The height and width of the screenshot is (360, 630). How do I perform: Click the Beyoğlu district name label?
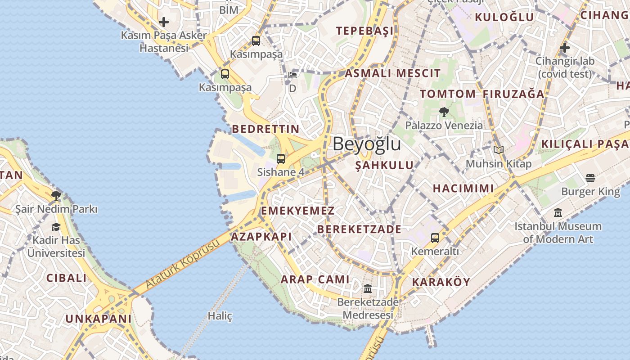pyautogui.click(x=367, y=144)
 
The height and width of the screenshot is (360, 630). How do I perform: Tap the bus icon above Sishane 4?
pyautogui.click(x=281, y=158)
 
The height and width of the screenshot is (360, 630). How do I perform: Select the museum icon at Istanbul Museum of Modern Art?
pyautogui.click(x=558, y=212)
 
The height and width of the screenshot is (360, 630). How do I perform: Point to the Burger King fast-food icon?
pyautogui.click(x=590, y=178)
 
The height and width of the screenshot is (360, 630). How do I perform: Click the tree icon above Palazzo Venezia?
pyautogui.click(x=444, y=112)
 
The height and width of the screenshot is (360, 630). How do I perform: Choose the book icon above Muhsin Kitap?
pyautogui.click(x=498, y=150)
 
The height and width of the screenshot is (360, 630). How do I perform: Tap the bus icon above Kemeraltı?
pyautogui.click(x=435, y=238)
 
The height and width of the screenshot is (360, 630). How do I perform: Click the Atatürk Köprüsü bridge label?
pyautogui.click(x=183, y=264)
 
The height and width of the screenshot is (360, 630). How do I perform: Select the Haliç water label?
pyautogui.click(x=220, y=316)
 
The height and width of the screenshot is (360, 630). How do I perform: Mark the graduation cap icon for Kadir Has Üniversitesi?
pyautogui.click(x=56, y=227)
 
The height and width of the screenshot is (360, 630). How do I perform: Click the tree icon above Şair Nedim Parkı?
pyautogui.click(x=56, y=196)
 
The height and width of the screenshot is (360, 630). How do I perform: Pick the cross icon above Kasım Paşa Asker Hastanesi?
pyautogui.click(x=164, y=22)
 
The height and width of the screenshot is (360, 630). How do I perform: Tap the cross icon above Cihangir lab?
pyautogui.click(x=565, y=47)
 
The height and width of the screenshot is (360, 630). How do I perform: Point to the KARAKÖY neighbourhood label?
pyautogui.click(x=441, y=282)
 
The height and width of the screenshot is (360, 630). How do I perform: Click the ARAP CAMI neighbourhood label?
pyautogui.click(x=315, y=279)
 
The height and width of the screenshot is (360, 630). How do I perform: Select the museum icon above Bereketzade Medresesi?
pyautogui.click(x=368, y=288)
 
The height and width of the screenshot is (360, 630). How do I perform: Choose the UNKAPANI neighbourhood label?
pyautogui.click(x=99, y=319)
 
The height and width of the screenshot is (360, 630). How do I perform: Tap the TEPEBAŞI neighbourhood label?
pyautogui.click(x=364, y=31)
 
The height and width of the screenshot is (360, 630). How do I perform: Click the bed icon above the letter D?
pyautogui.click(x=292, y=75)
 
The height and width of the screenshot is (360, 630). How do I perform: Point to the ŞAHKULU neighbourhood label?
pyautogui.click(x=384, y=165)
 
